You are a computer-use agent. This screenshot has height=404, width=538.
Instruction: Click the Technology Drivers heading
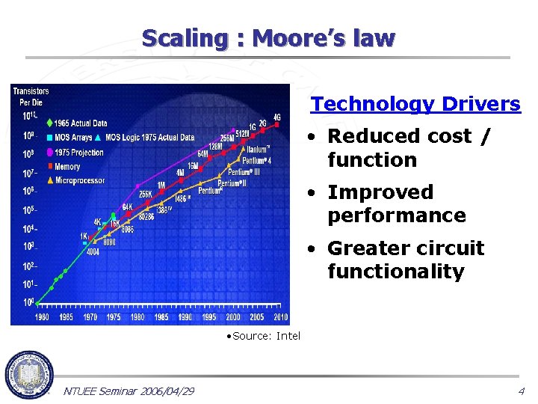click(x=415, y=104)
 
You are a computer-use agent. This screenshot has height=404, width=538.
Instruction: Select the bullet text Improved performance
click(x=396, y=203)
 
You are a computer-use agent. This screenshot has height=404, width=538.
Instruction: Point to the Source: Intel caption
click(x=263, y=336)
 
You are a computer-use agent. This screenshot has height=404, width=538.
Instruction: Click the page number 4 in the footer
click(x=521, y=391)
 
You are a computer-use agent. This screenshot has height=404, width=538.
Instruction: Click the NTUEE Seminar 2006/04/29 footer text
click(x=129, y=391)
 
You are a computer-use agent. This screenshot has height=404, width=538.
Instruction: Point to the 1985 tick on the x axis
click(x=161, y=317)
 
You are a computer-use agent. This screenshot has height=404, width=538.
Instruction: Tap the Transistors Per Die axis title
click(x=31, y=96)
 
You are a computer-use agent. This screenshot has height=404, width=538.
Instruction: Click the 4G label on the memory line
click(x=277, y=117)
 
